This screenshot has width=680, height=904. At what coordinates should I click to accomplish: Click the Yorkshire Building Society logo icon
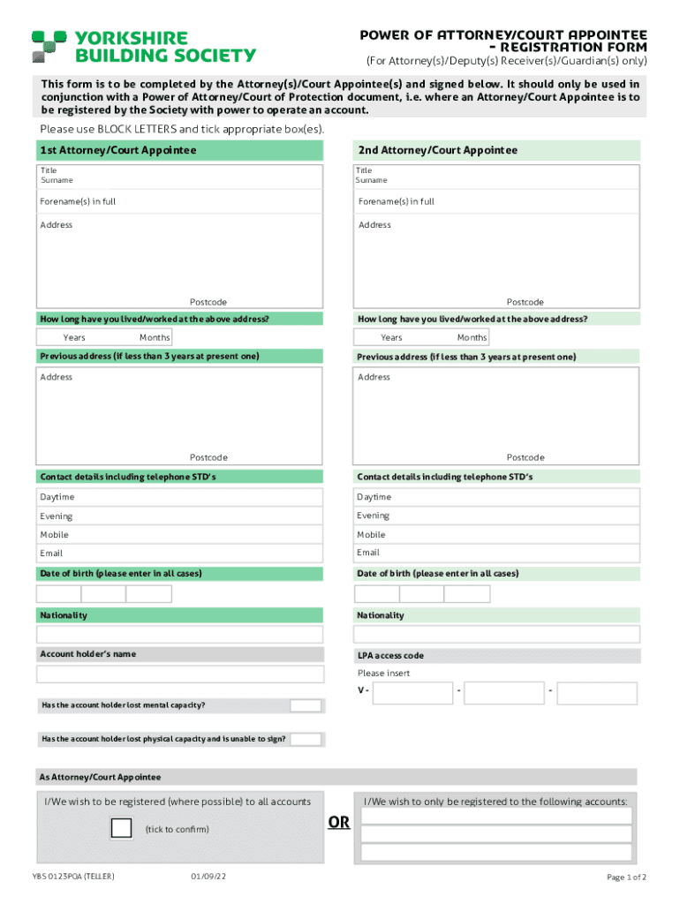pos(49,46)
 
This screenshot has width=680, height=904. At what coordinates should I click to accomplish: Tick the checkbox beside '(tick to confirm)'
pos(121,828)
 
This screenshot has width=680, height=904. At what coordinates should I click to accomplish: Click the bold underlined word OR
pos(339,823)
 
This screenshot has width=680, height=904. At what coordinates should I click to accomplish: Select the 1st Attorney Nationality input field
pos(180,635)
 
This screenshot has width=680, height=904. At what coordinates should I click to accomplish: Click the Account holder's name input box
pos(180,674)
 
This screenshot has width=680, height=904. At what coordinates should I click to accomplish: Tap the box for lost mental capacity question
pos(306,705)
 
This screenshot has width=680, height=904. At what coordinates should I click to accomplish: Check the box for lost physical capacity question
pos(306,739)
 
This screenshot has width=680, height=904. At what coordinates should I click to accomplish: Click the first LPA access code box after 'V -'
pos(412,692)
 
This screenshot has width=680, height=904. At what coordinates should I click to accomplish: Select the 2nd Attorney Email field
pos(497,554)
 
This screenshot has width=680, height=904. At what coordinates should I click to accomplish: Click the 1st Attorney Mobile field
pos(180,535)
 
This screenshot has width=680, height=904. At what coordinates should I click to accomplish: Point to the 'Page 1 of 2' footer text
pos(626,878)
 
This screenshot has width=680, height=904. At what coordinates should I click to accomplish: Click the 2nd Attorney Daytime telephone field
pos(497,497)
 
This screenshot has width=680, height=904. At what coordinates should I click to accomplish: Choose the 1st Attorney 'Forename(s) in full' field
pos(180,202)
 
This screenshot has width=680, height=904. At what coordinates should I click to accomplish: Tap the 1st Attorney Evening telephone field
pos(180,516)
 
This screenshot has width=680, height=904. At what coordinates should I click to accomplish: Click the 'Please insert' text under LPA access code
pos(383,674)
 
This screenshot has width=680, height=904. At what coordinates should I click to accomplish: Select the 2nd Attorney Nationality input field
pos(497,635)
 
